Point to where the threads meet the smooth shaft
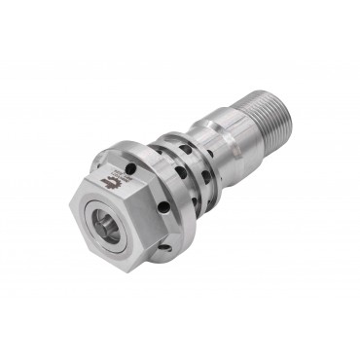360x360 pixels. tap(255, 110)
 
